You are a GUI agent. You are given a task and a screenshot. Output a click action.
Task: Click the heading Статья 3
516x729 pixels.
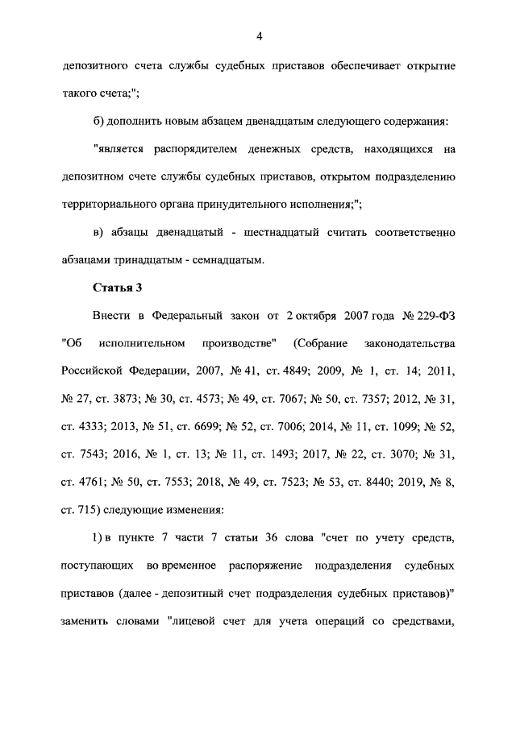(117, 288)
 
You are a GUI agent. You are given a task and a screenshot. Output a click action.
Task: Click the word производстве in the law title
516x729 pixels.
(241, 344)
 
